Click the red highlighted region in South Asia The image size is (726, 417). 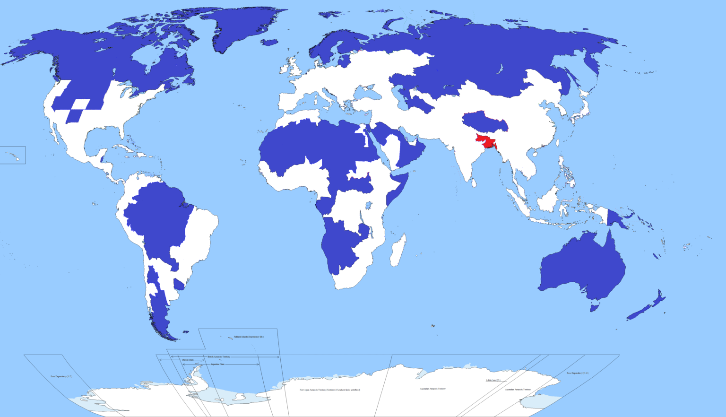click(486, 141)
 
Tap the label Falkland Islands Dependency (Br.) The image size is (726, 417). click(249, 337)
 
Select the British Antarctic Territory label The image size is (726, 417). click(219, 356)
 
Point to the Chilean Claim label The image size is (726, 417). click(188, 360)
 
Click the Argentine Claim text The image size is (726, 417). click(217, 365)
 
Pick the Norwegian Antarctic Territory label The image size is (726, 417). click(330, 390)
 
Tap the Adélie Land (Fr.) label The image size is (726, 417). click(493, 380)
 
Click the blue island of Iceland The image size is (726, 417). click(269, 42)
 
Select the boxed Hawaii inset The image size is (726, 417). click(12, 155)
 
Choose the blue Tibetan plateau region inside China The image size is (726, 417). click(484, 122)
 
